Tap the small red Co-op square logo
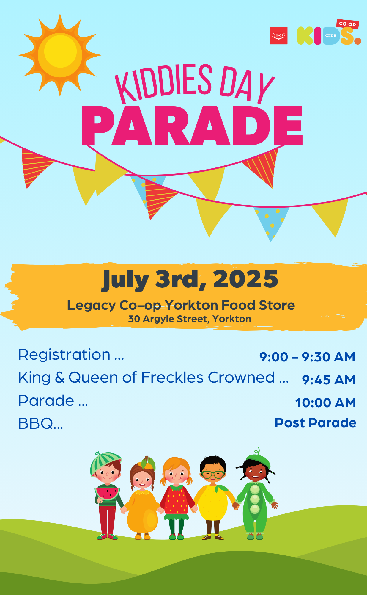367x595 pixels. tap(278, 36)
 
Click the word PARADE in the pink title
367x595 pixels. tap(192, 126)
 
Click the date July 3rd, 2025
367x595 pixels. tap(190, 279)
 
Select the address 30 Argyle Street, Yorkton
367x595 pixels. tap(190, 319)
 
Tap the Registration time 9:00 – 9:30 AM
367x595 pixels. tap(307, 357)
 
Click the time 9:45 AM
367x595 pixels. tap(329, 380)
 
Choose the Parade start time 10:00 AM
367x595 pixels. tap(326, 403)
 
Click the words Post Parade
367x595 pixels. tap(316, 423)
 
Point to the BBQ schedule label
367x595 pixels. tap(41, 423)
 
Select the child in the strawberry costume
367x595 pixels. tap(177, 498)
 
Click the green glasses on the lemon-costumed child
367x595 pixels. tap(213, 474)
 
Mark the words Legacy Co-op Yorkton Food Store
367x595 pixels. tap(181, 306)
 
